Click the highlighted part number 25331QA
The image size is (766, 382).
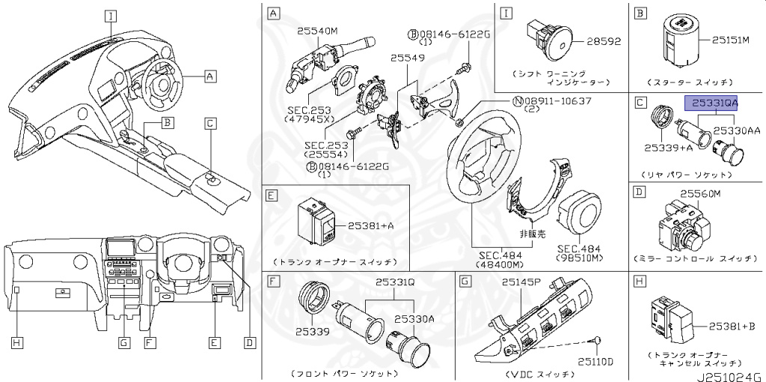tap(711, 103)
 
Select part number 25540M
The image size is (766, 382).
tap(318, 31)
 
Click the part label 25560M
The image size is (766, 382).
tap(700, 194)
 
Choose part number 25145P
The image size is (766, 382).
tap(521, 282)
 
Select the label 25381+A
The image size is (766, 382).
tap(371, 225)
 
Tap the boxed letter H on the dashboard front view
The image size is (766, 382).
tap(16, 342)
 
